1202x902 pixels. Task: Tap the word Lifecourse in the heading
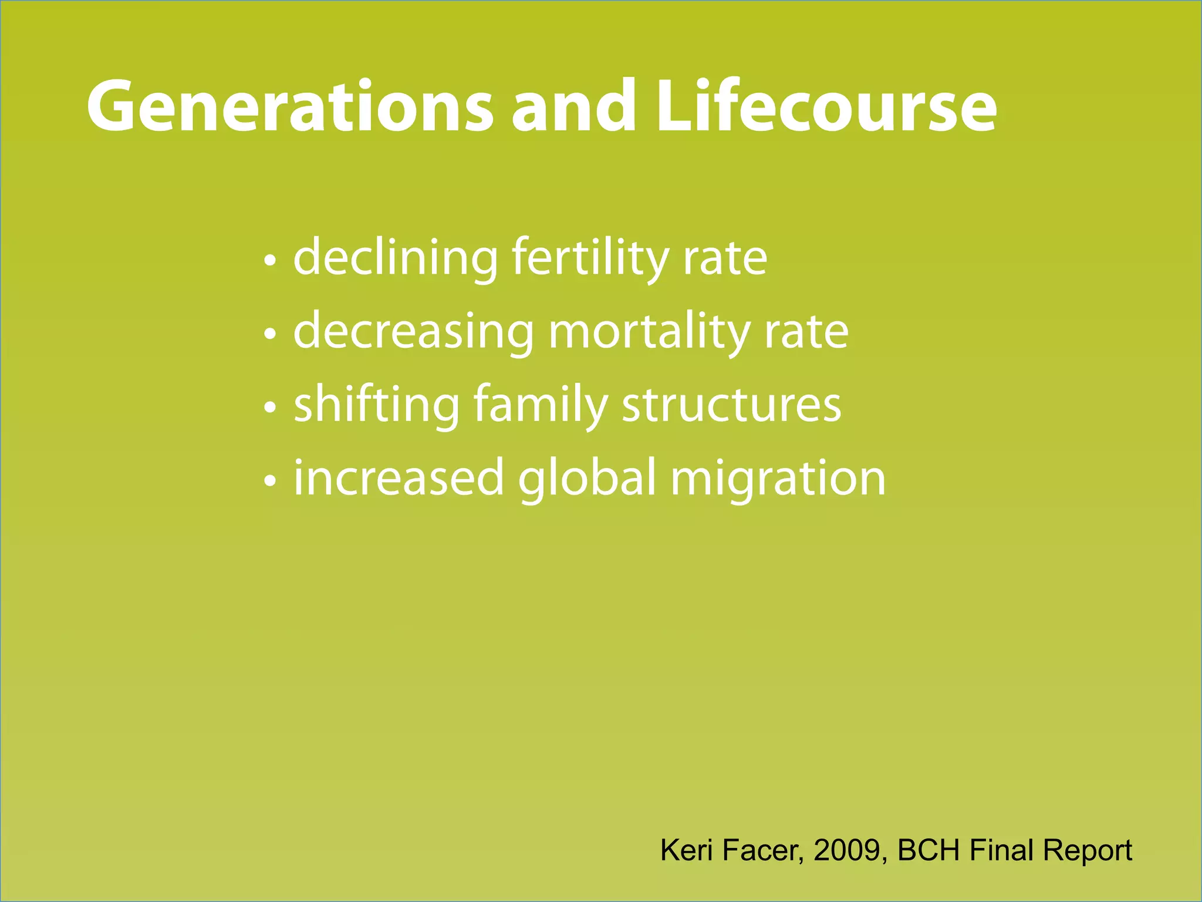coord(826,107)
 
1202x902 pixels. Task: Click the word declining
coord(396,258)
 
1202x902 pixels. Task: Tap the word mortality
coord(649,332)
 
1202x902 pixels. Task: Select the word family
coord(541,405)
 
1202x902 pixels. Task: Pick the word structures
coord(731,405)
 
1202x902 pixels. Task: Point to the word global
coord(587,478)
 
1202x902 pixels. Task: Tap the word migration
coord(778,478)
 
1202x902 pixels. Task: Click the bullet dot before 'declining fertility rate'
coord(269,261)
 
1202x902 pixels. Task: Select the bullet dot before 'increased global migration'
coord(269,481)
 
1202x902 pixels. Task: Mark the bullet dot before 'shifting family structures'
coord(269,408)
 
